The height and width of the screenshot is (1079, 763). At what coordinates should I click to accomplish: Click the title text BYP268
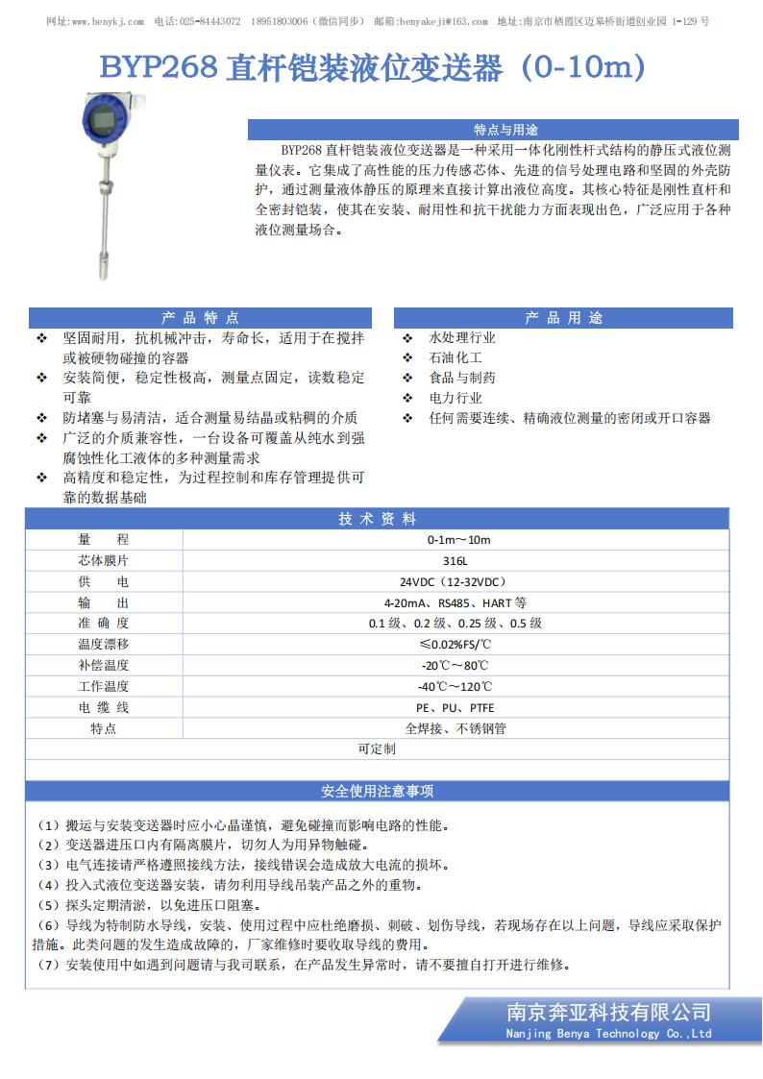coord(160,69)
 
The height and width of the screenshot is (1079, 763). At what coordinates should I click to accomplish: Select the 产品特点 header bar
coord(200,318)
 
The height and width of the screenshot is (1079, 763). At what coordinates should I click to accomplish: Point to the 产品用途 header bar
coord(563,318)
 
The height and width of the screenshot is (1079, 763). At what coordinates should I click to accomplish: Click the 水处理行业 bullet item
coord(461,338)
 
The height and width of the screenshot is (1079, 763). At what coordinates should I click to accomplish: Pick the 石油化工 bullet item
coord(455,358)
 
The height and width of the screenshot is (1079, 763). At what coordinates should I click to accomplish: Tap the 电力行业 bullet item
coord(455,398)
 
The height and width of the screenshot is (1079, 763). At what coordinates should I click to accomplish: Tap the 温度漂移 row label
coord(104,644)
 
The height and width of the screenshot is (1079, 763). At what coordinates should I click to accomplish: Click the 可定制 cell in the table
coord(377,748)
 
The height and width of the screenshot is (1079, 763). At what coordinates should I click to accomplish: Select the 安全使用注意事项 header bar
coord(378,792)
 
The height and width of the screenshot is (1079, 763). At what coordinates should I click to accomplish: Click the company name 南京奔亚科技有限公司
coord(608,1012)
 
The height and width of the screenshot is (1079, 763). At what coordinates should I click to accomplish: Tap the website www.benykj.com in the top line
coord(108,21)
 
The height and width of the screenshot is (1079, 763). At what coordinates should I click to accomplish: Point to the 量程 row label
coord(104,540)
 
